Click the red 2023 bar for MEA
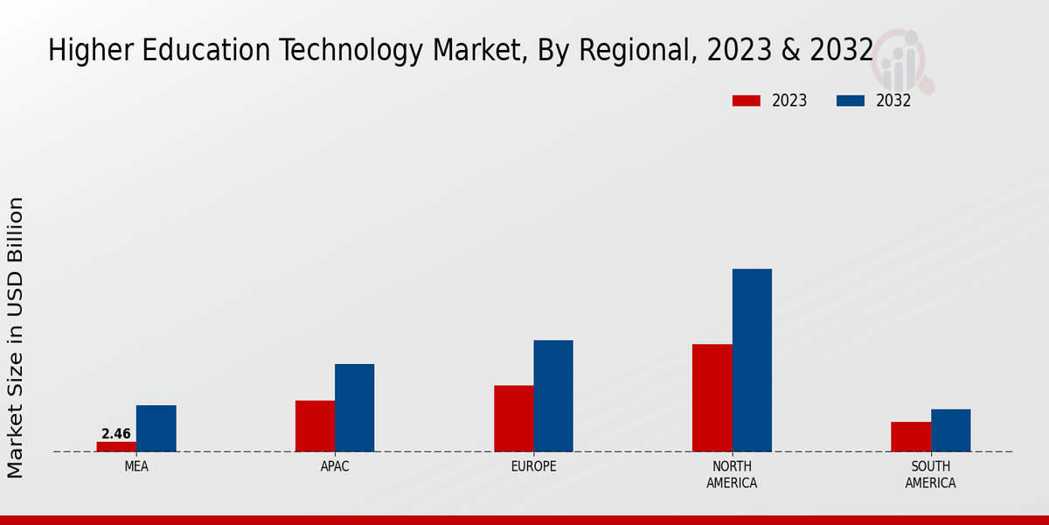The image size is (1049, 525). coord(116,446)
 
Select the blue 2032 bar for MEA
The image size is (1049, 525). coord(156,429)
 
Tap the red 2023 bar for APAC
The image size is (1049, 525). coord(315,426)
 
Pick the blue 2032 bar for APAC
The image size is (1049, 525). coord(354,408)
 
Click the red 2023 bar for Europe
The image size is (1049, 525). coord(513,418)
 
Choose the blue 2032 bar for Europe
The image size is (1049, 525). coord(553,395)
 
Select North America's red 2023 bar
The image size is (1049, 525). coord(712,398)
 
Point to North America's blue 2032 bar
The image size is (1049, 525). coord(752,360)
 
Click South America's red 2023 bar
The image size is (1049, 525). coord(911,437)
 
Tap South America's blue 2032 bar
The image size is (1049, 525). coord(950,430)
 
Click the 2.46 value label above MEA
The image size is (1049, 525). coord(116,434)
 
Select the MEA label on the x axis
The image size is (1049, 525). coord(136,466)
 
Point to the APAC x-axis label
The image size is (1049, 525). coord(335,466)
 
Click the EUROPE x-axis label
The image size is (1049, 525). coord(533,466)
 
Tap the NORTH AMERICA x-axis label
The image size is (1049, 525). coord(732,474)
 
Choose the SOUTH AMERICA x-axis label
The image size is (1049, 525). coord(930,474)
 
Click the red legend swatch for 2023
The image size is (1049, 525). coord(746,101)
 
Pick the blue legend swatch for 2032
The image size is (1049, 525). coord(850,101)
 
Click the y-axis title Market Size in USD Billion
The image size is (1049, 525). coord(16,338)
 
